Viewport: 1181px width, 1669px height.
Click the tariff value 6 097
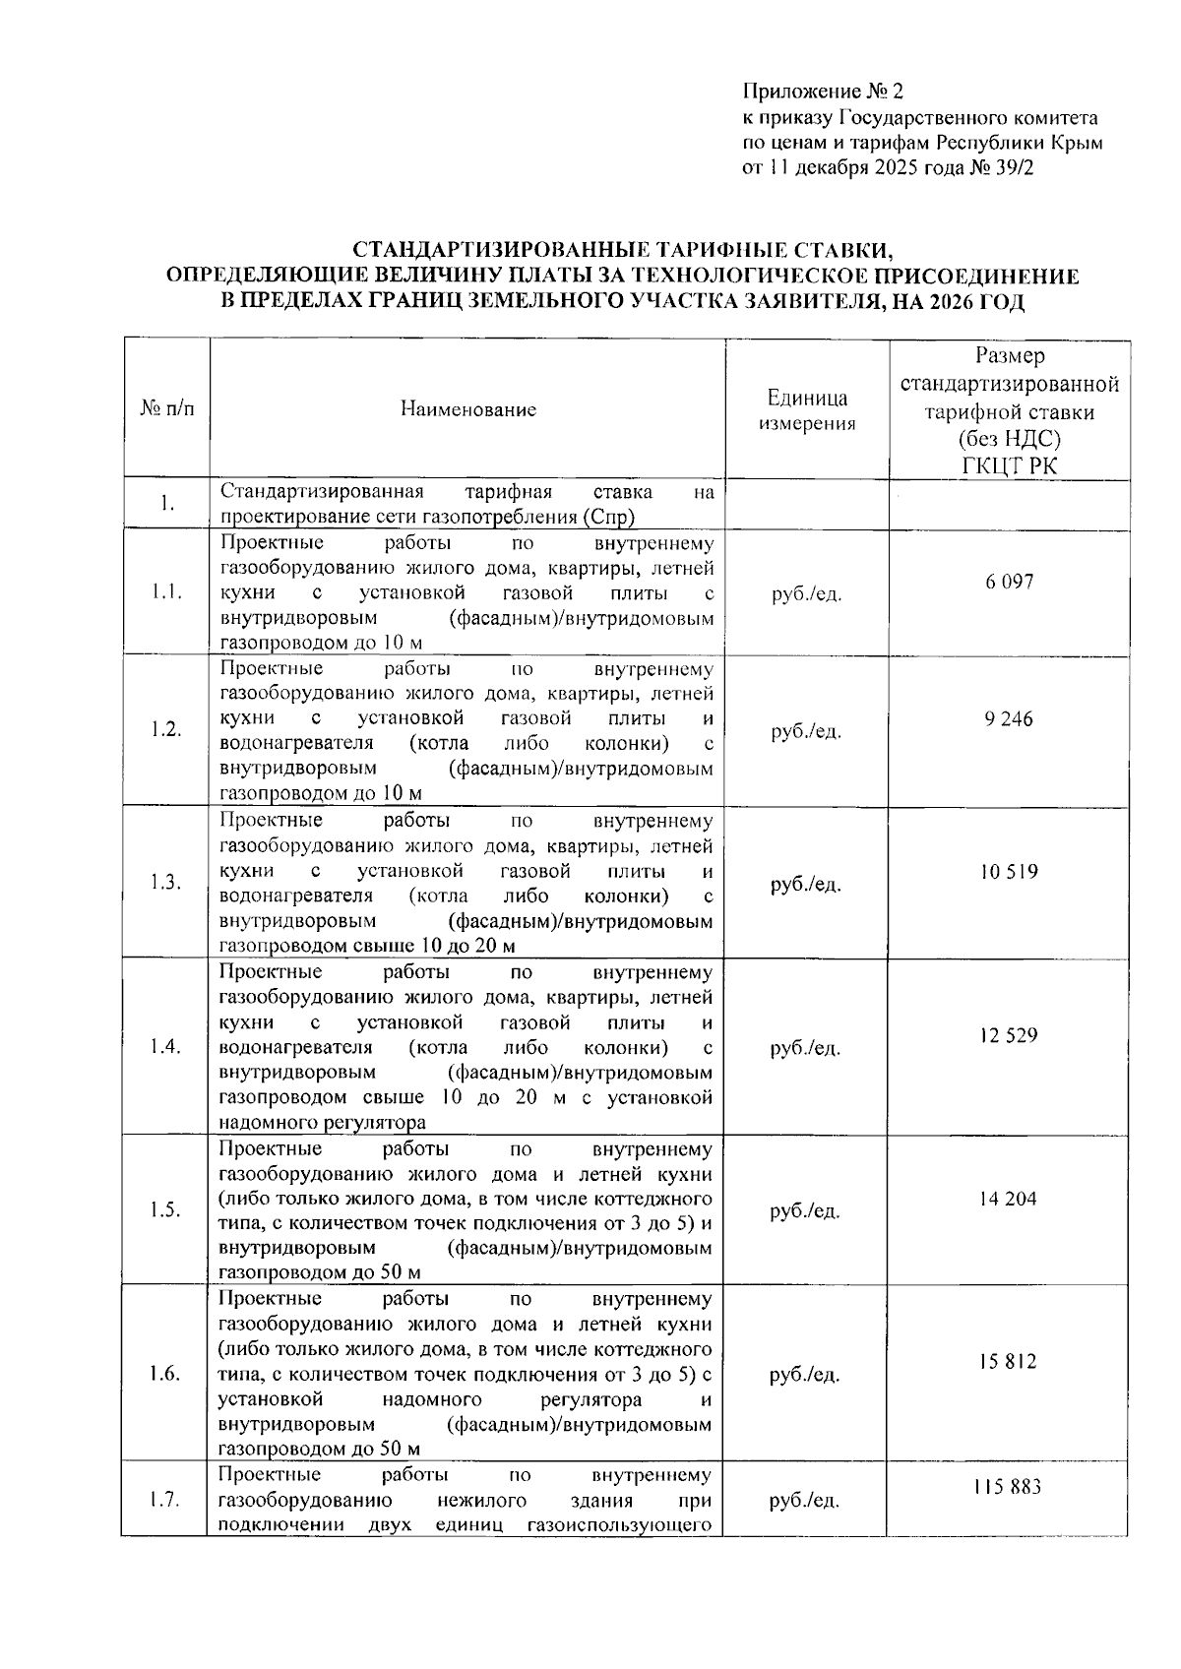point(1009,582)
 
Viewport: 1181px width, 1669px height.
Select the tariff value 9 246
point(1009,719)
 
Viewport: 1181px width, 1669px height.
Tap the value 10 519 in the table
point(1009,872)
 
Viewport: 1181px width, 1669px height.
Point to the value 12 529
point(1008,1036)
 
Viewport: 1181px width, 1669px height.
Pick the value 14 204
point(1008,1200)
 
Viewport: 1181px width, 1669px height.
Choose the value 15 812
point(1008,1363)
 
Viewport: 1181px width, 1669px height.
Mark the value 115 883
point(1008,1487)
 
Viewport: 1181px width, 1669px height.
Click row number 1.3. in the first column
point(165,883)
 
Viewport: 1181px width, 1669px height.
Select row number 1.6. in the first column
point(165,1375)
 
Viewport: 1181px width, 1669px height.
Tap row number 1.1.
point(165,592)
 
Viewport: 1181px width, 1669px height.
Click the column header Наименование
point(468,409)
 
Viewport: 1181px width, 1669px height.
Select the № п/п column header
point(167,409)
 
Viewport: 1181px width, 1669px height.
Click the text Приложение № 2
point(822,93)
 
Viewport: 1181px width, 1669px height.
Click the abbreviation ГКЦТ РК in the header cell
point(1009,465)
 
